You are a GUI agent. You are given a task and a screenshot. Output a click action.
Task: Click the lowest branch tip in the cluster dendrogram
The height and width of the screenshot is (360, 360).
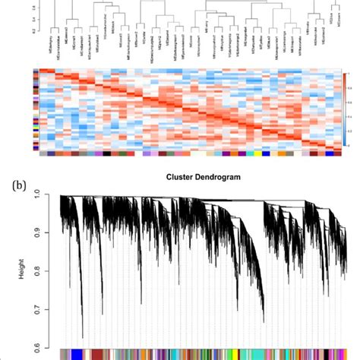(81, 336)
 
